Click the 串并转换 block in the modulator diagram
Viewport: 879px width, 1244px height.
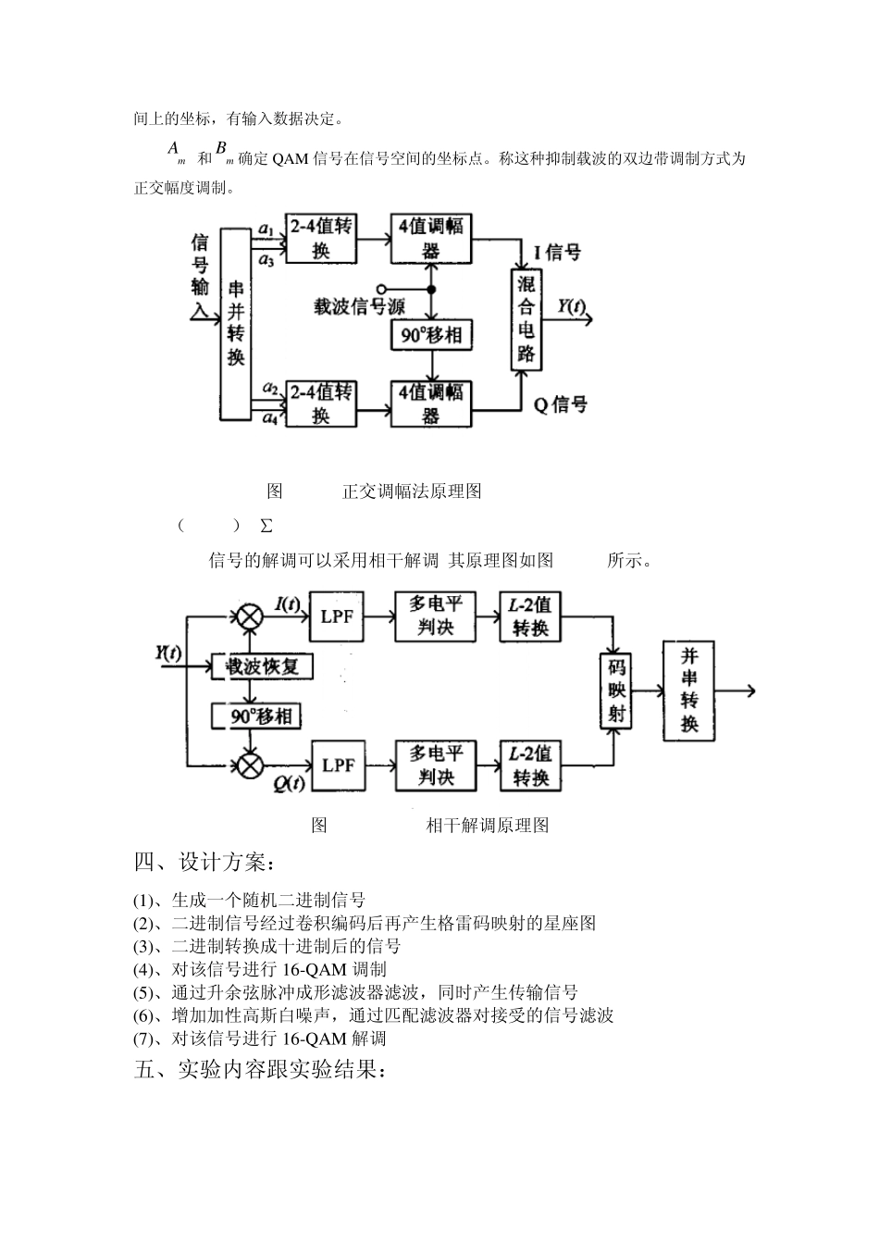(x=236, y=324)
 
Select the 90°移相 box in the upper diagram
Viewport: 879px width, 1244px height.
(x=431, y=335)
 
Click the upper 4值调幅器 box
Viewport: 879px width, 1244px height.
(x=431, y=238)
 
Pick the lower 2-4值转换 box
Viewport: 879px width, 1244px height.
(x=320, y=404)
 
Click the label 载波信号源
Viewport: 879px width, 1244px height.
(x=359, y=306)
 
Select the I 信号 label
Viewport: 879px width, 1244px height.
(x=557, y=253)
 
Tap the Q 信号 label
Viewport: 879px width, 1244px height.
(x=560, y=404)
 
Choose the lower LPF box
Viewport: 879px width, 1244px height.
(x=338, y=765)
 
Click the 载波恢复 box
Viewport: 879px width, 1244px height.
(x=263, y=666)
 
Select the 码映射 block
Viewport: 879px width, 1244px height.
(x=616, y=690)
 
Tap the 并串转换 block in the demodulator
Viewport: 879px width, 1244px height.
(x=689, y=690)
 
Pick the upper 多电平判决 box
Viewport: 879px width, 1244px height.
(x=435, y=616)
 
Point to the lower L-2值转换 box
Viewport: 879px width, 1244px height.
(x=531, y=765)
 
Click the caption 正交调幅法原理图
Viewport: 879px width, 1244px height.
(x=412, y=491)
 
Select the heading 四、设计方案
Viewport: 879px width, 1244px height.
(x=204, y=863)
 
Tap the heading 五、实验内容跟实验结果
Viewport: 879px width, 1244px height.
(x=259, y=1071)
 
